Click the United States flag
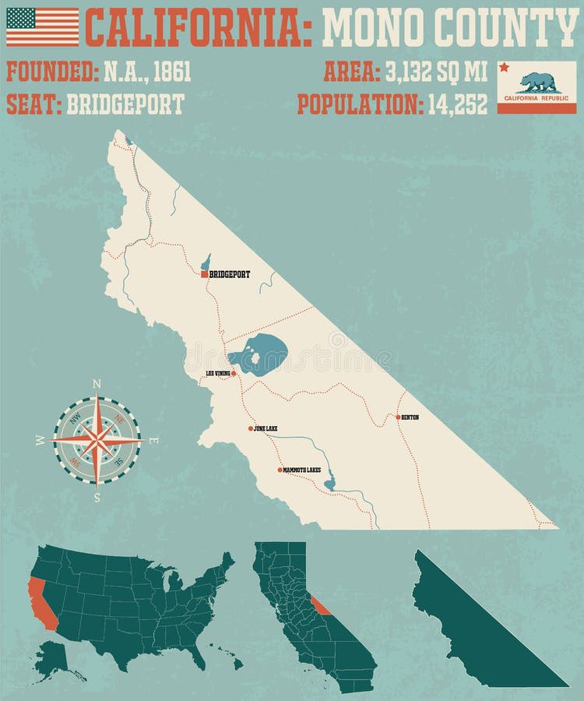coord(42,26)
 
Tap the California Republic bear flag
coord(537,87)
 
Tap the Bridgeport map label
coord(230,274)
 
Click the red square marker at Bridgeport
coord(204,274)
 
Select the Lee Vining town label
coord(218,374)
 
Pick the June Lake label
coord(266,429)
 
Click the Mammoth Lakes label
coord(302,470)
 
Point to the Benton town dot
coord(398,417)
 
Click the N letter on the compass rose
coord(97,383)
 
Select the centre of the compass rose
coord(97,440)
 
